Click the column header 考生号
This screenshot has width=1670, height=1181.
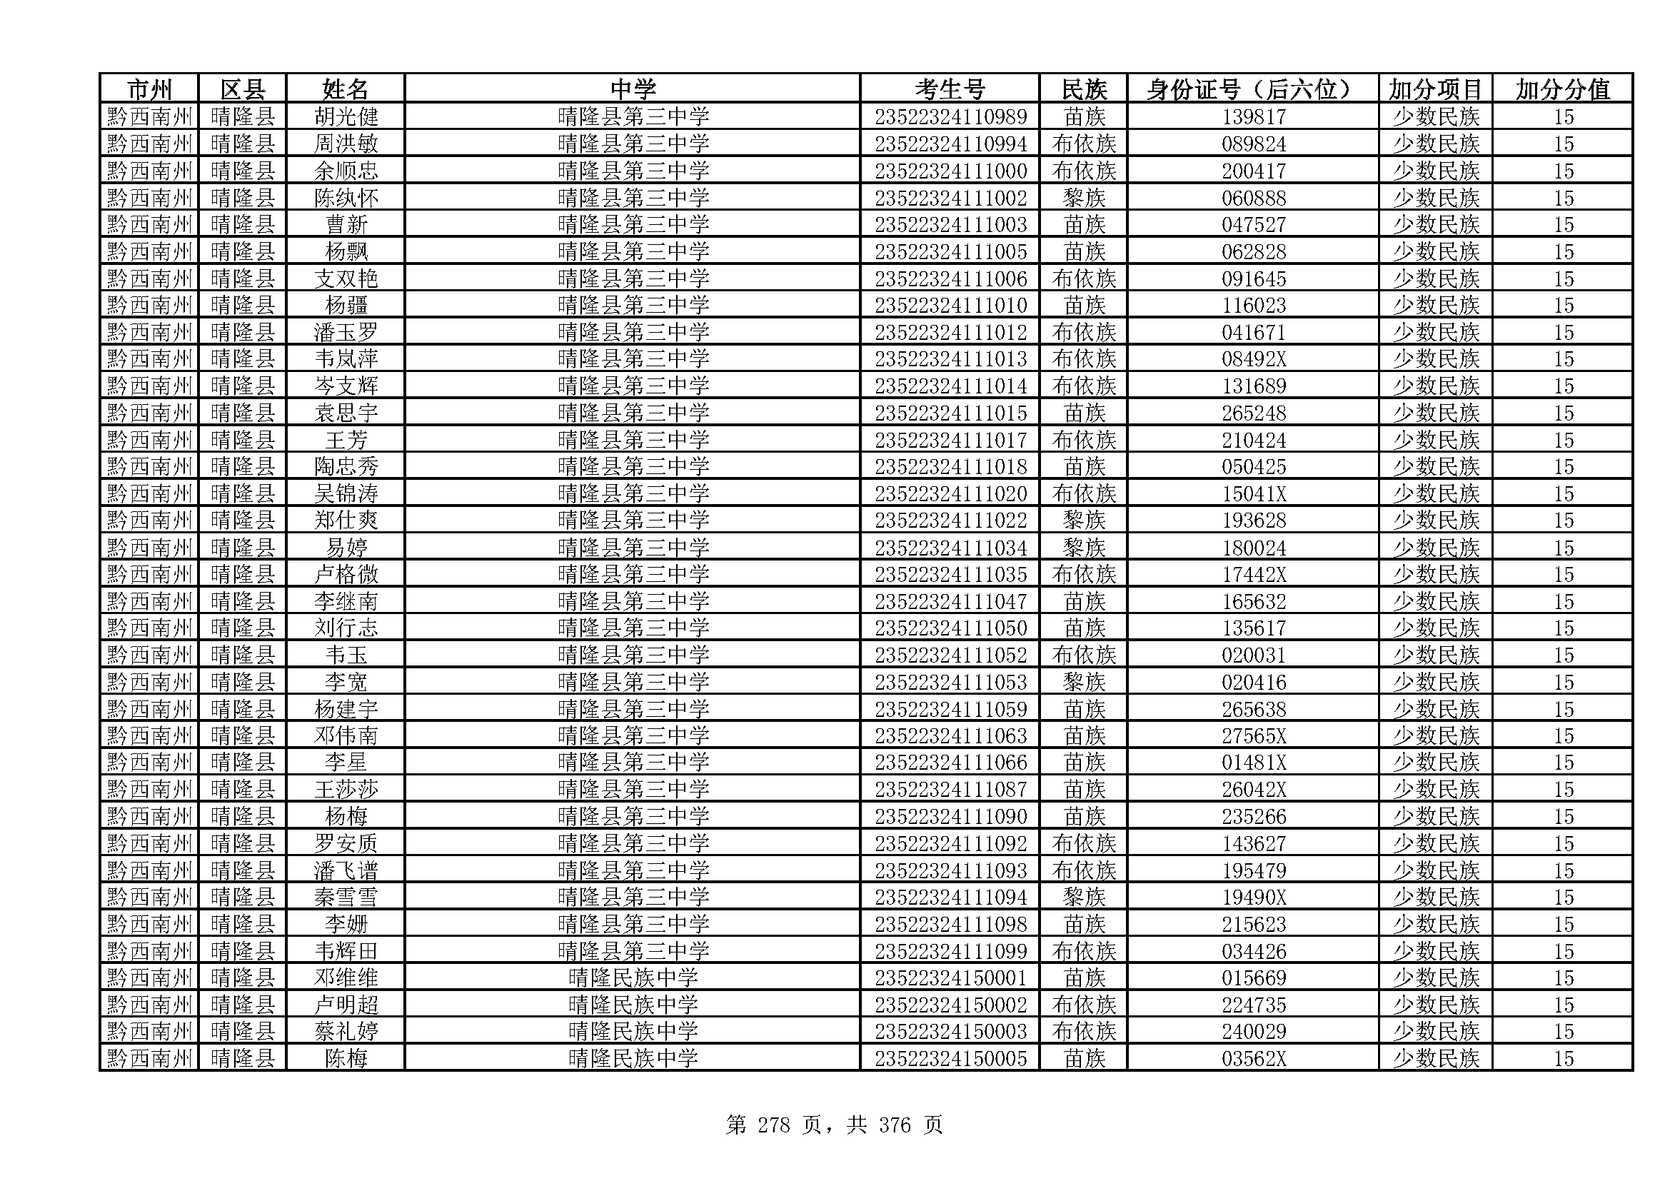(949, 89)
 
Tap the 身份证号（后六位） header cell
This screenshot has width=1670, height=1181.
(1252, 89)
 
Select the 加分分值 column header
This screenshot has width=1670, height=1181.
(1562, 89)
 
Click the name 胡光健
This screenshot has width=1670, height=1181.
(346, 117)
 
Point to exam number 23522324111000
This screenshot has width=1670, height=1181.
(950, 171)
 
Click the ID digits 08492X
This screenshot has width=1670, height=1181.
(1253, 359)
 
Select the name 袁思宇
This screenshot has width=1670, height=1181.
(346, 413)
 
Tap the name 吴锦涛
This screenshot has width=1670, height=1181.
(346, 494)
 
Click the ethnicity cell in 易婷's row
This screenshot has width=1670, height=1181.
(1084, 548)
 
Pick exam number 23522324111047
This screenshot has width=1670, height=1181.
(950, 601)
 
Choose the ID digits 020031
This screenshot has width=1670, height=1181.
(1253, 655)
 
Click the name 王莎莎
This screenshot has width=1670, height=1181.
(346, 790)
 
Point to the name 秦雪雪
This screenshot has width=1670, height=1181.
(346, 898)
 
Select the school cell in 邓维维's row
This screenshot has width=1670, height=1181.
(632, 978)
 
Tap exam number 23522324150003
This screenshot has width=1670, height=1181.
(950, 1032)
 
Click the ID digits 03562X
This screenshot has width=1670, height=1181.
(1253, 1059)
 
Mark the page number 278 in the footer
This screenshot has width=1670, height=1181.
(773, 1126)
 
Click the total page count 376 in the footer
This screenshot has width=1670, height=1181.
(895, 1126)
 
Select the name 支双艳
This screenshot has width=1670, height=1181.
(346, 278)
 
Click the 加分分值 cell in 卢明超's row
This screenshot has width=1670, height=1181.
(1563, 1005)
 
